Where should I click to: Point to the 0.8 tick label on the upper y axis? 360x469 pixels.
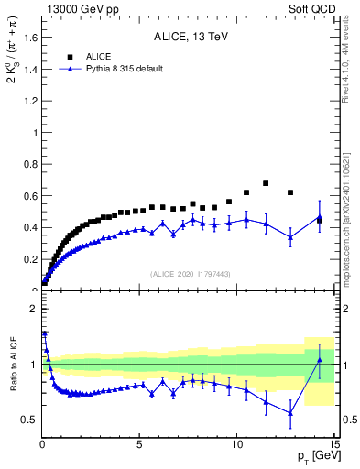[x=27, y=164]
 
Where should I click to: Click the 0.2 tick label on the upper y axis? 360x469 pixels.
[x=27, y=259]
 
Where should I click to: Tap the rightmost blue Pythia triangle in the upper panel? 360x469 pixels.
[x=320, y=217]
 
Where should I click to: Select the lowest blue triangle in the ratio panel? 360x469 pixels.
[x=290, y=413]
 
